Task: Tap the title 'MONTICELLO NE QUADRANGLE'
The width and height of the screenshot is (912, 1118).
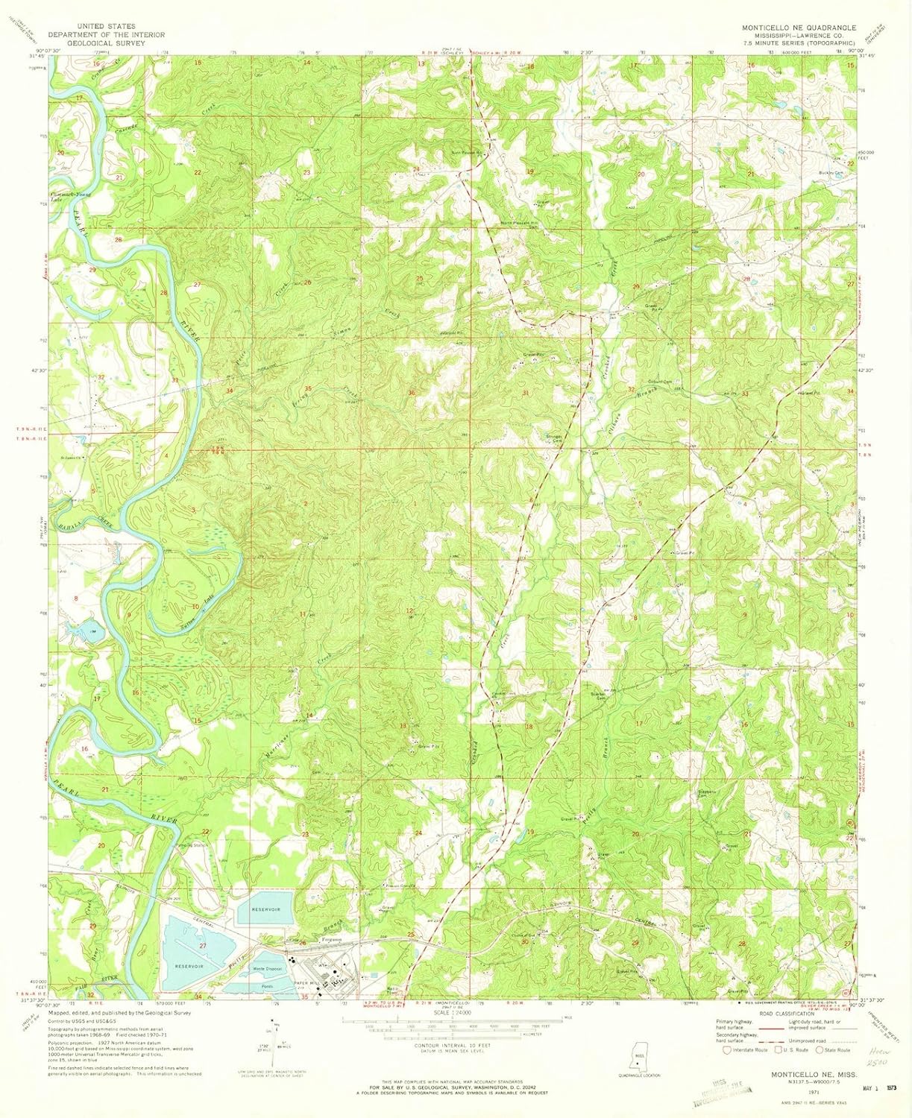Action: click(x=798, y=26)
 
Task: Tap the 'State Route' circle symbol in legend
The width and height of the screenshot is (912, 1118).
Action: click(x=820, y=1050)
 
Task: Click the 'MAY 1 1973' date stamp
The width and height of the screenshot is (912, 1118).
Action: click(x=876, y=1087)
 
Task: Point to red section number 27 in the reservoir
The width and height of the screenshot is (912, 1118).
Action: click(x=202, y=945)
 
